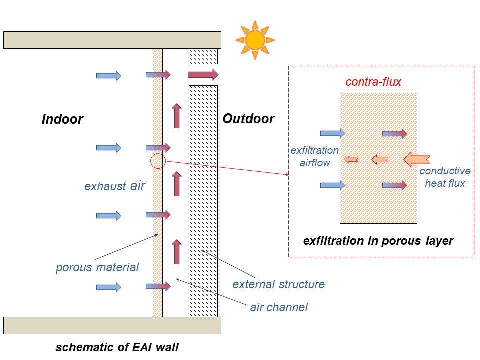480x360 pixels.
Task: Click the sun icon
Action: (x=255, y=40)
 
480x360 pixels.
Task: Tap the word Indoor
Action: (x=62, y=119)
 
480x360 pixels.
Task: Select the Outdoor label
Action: (x=248, y=119)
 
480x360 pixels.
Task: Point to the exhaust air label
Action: (x=115, y=186)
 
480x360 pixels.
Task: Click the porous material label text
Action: (x=97, y=267)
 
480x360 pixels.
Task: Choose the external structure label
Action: (x=278, y=284)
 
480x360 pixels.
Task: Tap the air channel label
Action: (x=279, y=307)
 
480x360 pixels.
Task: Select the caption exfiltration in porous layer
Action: (x=378, y=241)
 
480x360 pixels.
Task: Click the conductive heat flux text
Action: (x=445, y=177)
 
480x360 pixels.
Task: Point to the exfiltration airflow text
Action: (x=314, y=156)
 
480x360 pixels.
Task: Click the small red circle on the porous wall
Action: (x=158, y=161)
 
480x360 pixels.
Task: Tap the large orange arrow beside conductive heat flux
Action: (x=416, y=159)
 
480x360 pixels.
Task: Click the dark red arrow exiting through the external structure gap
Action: (x=203, y=75)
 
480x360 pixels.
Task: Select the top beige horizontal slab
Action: (x=112, y=40)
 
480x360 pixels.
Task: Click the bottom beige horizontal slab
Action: (x=112, y=325)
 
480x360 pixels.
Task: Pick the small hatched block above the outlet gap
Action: (x=203, y=56)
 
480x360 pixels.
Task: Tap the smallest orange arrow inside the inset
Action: (x=351, y=159)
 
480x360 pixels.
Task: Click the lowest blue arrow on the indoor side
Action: (x=108, y=287)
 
